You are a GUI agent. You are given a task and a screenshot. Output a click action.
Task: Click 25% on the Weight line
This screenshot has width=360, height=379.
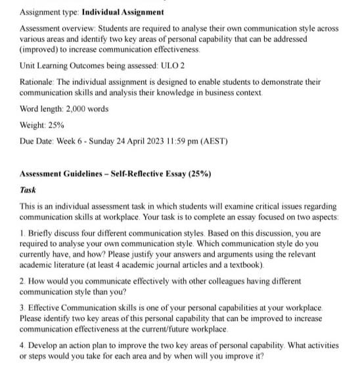coord(55,125)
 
